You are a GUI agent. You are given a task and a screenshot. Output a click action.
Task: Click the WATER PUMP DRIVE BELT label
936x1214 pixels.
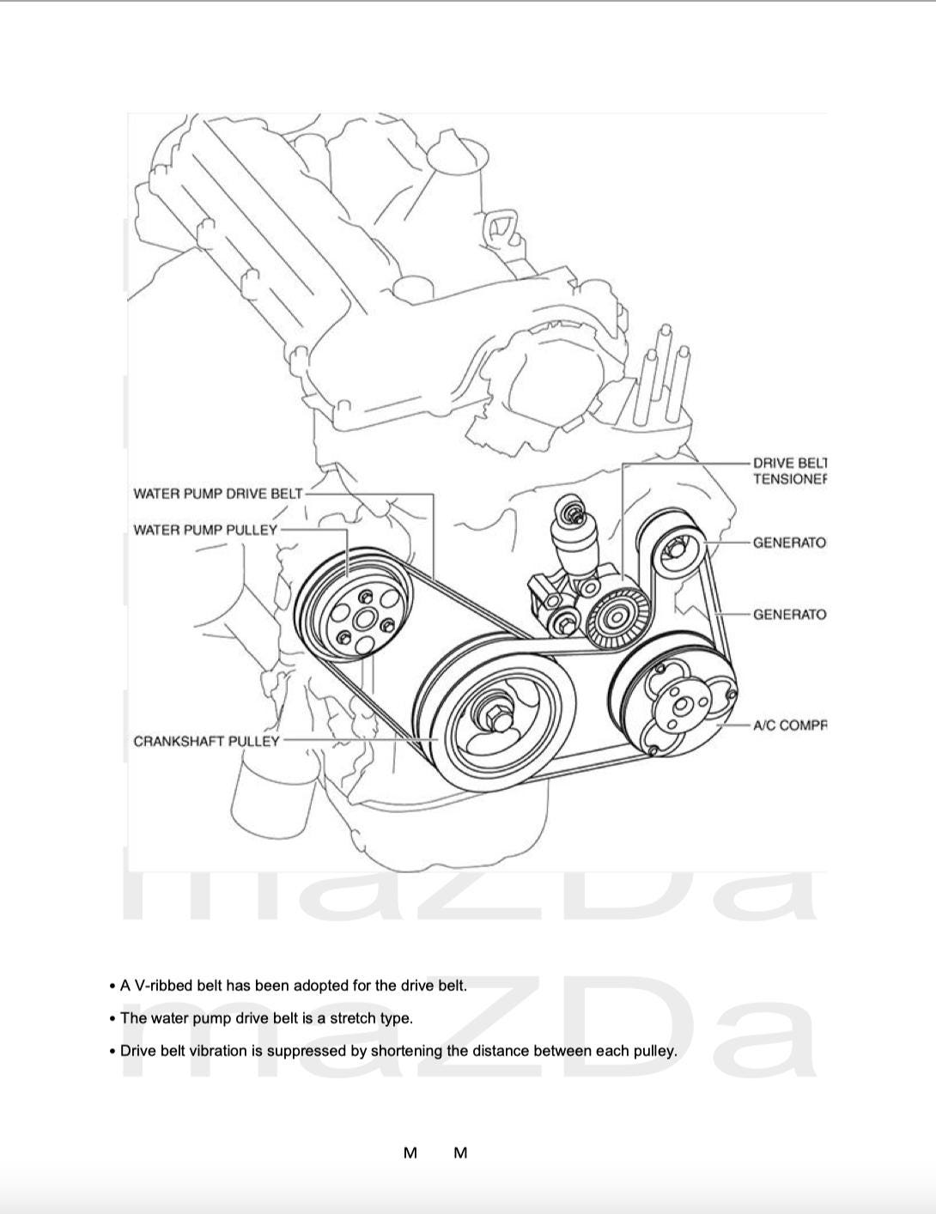217,494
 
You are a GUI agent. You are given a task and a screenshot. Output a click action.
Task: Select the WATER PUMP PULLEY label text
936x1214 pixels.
205,530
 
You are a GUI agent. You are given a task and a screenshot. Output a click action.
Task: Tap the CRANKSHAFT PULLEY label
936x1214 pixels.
206,741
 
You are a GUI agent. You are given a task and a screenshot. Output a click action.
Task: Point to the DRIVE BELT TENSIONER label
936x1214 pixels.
789,471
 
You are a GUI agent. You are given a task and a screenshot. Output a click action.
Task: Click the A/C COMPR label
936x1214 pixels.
789,725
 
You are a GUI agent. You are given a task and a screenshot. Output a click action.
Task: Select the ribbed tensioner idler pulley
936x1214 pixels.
616,615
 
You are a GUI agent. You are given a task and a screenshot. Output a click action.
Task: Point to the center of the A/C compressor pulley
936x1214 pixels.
683,706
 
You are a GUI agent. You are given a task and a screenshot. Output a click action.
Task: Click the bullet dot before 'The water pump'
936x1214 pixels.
112,1019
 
